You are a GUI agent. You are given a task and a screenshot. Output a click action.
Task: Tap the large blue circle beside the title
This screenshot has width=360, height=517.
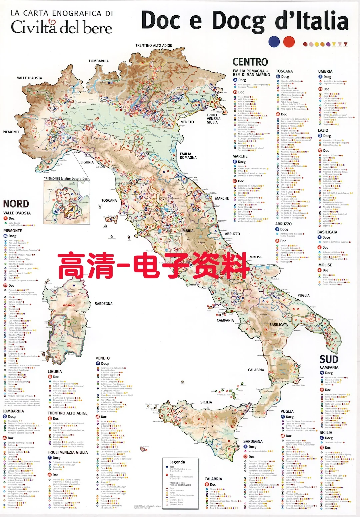[274, 42]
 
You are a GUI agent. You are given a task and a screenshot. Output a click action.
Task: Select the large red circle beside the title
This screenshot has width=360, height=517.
[289, 42]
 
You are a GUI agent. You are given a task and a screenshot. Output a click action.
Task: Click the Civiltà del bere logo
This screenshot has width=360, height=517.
[62, 27]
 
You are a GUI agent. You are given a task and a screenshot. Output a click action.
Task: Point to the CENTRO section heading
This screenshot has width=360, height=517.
[250, 62]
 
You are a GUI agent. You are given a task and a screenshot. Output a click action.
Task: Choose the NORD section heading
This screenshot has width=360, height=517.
[16, 204]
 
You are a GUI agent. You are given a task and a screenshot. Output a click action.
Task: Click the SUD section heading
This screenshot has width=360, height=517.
[329, 359]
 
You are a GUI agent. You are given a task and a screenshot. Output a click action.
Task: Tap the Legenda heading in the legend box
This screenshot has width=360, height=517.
[177, 462]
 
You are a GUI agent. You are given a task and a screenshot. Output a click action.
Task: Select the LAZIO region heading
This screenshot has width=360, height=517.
[323, 130]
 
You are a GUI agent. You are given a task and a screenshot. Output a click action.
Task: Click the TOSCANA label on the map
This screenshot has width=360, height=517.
[109, 200]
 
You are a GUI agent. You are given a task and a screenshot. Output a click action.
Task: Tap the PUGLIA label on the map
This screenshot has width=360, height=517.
[303, 295]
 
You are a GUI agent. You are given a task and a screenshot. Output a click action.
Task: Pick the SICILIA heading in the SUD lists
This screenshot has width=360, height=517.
[326, 432]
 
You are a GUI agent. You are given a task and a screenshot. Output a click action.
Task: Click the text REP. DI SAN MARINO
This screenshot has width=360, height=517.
[251, 75]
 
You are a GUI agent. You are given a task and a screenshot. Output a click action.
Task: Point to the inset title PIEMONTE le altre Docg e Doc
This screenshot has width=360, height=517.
[66, 179]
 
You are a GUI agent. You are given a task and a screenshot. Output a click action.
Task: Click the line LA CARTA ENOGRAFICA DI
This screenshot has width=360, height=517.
[62, 13]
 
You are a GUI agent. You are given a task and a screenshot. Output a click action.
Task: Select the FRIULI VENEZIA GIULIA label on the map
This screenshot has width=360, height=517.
[213, 119]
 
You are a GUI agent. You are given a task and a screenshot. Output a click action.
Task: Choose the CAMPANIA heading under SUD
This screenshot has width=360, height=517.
[329, 367]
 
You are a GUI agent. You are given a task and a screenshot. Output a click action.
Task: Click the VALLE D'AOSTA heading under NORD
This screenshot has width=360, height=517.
[17, 213]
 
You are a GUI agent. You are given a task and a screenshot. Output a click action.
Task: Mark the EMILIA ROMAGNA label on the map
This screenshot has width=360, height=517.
[188, 156]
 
